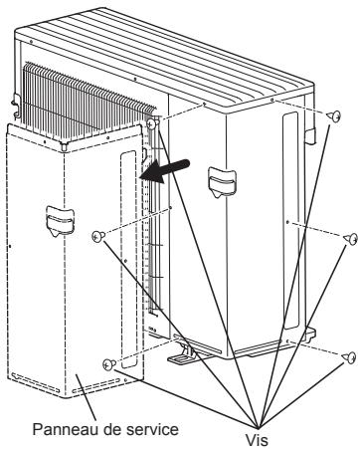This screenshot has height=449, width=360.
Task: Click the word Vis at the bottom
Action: coord(257,440)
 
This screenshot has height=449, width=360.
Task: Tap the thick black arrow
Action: coord(165,170)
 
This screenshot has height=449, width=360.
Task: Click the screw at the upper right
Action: coord(333,116)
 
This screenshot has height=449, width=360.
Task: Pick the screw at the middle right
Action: coord(351,239)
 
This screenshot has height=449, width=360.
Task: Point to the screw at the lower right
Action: coord(349,357)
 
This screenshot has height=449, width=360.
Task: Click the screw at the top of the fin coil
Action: coord(151,123)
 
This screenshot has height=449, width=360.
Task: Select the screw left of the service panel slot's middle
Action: coord(97,236)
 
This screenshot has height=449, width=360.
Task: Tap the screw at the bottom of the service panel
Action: coord(109,364)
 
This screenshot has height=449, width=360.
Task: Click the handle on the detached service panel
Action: coord(60,221)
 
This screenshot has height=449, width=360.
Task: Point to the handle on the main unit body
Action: coord(222,183)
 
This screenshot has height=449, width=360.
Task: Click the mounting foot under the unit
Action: coord(181,354)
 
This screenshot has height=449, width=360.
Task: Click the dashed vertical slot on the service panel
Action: coord(128,260)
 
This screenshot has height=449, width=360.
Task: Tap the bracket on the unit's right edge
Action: coord(309,135)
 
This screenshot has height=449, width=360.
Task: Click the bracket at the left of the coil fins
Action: coord(16,105)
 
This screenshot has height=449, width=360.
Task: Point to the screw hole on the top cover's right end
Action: coord(271,100)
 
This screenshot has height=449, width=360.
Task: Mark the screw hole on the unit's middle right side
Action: coord(287,222)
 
